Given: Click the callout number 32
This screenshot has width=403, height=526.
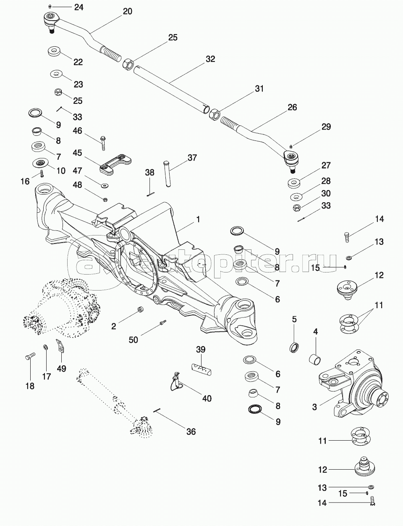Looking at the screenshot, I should [x=210, y=59].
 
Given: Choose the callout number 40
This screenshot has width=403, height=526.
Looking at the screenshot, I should [x=207, y=398].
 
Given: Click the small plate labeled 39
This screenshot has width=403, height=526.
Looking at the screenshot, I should [x=201, y=369].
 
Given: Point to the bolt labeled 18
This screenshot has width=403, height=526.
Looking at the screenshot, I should [x=29, y=358].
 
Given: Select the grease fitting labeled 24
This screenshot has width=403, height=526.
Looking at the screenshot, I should [x=50, y=7].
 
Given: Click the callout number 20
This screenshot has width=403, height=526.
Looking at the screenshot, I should [x=127, y=11].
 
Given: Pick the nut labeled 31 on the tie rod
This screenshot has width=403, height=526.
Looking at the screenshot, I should [x=213, y=114].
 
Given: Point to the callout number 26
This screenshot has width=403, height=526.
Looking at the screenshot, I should [x=293, y=108].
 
